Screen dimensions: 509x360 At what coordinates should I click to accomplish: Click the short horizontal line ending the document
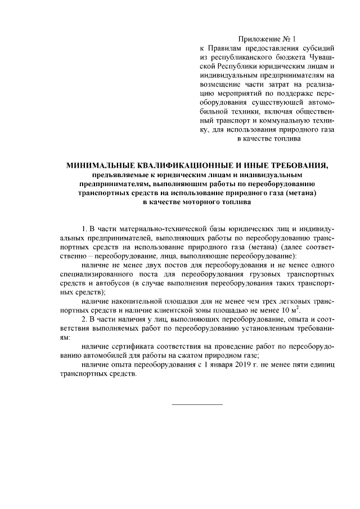(x=197, y=404)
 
